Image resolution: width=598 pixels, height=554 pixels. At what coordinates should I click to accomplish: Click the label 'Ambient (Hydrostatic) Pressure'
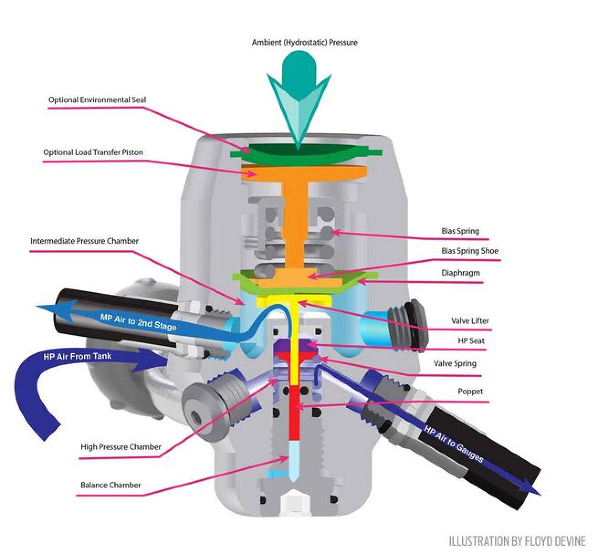click(x=304, y=42)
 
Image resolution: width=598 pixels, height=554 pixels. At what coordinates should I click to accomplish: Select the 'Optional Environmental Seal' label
click(x=97, y=99)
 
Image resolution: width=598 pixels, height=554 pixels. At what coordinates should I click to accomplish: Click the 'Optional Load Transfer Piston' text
click(x=93, y=152)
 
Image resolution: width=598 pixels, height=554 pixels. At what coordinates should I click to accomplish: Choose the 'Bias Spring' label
click(x=460, y=231)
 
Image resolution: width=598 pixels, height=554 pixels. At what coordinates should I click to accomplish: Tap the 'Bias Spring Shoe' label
click(x=470, y=251)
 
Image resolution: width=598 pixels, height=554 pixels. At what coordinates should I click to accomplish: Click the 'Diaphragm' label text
click(x=461, y=273)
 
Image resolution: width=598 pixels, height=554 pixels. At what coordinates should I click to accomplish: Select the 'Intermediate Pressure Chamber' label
click(x=84, y=240)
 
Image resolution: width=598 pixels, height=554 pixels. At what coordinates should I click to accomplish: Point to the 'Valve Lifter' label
click(x=470, y=321)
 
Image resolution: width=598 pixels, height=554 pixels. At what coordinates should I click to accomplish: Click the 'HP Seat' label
click(x=471, y=341)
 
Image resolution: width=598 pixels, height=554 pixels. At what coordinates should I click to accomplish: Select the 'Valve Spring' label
click(x=455, y=363)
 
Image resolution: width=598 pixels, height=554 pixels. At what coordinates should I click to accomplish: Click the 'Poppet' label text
click(x=470, y=391)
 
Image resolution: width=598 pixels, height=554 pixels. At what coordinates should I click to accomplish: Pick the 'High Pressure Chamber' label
click(x=121, y=447)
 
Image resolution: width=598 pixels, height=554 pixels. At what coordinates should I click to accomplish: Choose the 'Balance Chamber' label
click(x=111, y=485)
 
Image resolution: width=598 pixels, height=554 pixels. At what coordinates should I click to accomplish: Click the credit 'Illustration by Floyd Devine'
click(x=517, y=541)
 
